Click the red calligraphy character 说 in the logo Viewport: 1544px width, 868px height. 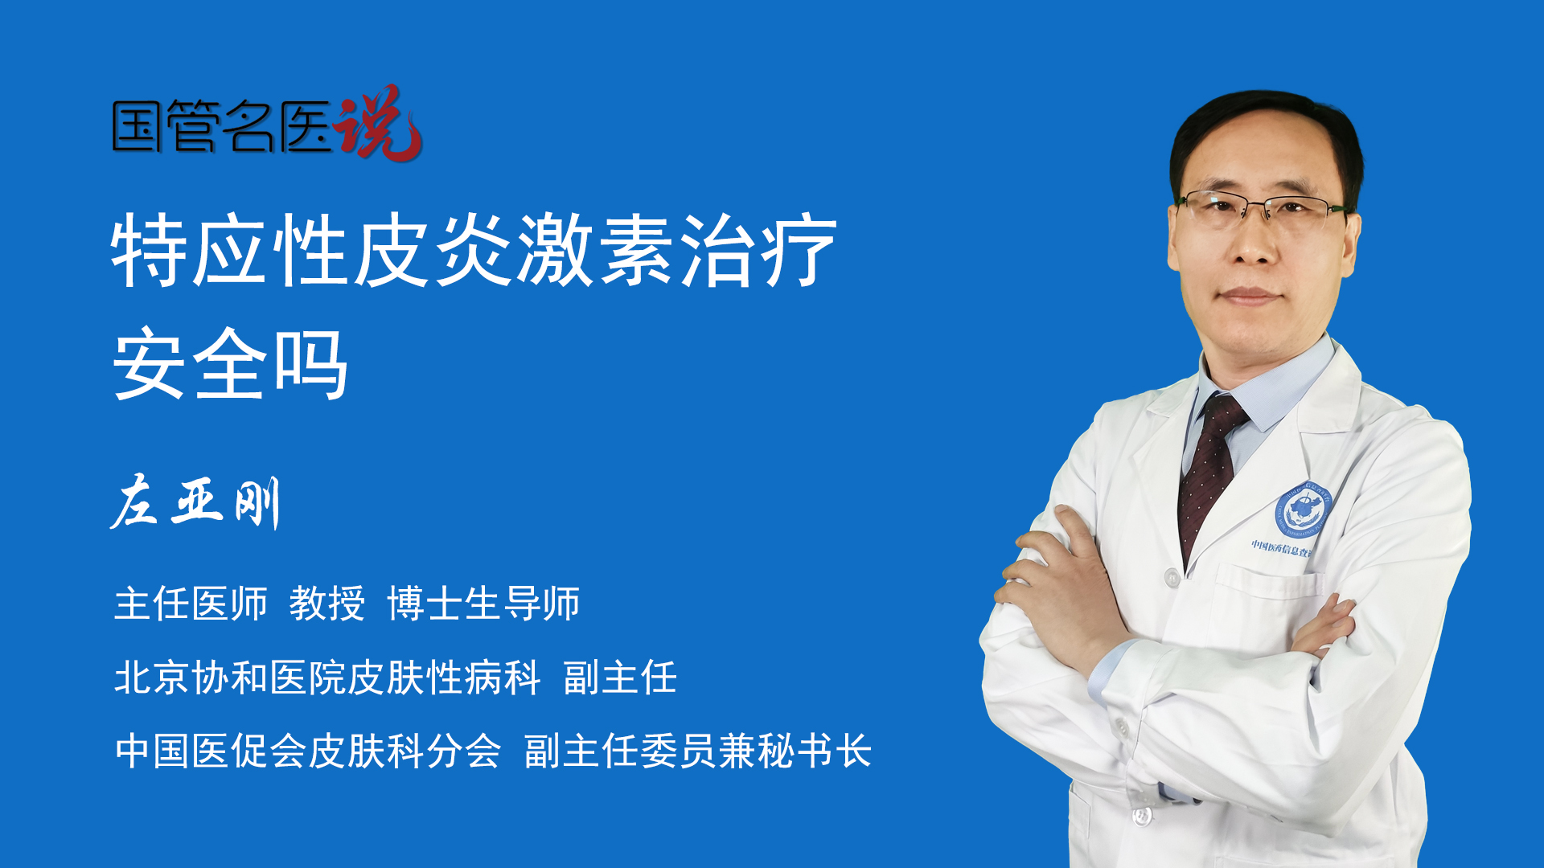(378, 123)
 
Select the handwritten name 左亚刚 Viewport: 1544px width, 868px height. (195, 502)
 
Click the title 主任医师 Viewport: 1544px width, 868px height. (191, 604)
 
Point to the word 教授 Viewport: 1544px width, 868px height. (327, 604)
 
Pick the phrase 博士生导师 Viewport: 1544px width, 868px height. (483, 604)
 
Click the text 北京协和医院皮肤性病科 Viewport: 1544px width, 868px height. (327, 678)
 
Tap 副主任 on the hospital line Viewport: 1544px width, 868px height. (620, 678)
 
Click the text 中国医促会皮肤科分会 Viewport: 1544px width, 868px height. (308, 751)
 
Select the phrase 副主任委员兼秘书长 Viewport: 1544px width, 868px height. (698, 751)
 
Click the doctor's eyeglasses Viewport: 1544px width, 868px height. (1263, 207)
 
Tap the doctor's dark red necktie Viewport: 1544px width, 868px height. (1209, 474)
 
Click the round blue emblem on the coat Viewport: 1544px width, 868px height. (1303, 511)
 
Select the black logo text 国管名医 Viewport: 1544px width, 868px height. (222, 126)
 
